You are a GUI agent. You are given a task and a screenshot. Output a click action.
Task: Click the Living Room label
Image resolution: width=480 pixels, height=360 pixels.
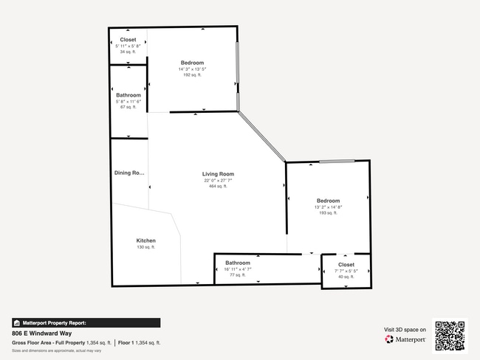218,174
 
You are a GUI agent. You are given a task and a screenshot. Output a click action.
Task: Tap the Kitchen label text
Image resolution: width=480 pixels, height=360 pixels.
145,240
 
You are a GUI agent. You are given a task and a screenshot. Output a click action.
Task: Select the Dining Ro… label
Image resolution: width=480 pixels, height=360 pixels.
128,173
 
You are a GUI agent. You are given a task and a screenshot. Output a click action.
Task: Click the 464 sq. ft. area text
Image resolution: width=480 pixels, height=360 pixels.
218,186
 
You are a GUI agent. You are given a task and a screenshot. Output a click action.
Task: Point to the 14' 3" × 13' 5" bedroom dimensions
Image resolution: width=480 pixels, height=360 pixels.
192,69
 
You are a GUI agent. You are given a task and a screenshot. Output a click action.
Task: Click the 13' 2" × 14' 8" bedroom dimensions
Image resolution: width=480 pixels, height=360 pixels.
328,207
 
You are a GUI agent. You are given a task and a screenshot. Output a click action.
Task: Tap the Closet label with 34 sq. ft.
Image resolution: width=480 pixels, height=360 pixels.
127,40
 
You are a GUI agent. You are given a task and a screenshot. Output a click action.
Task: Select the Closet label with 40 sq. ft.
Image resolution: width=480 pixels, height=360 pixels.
346,264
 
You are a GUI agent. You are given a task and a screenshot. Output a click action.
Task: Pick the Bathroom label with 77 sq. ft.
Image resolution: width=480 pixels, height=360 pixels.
237,263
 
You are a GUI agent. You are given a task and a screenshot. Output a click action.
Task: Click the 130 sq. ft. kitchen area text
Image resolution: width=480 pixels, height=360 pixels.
145,249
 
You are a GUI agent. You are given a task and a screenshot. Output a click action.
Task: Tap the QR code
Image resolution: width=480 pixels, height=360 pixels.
450,336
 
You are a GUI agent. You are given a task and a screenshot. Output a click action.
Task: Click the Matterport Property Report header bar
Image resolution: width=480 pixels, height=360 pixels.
86,322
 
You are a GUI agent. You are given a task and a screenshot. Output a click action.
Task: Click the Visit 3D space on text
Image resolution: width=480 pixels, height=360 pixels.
405,329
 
